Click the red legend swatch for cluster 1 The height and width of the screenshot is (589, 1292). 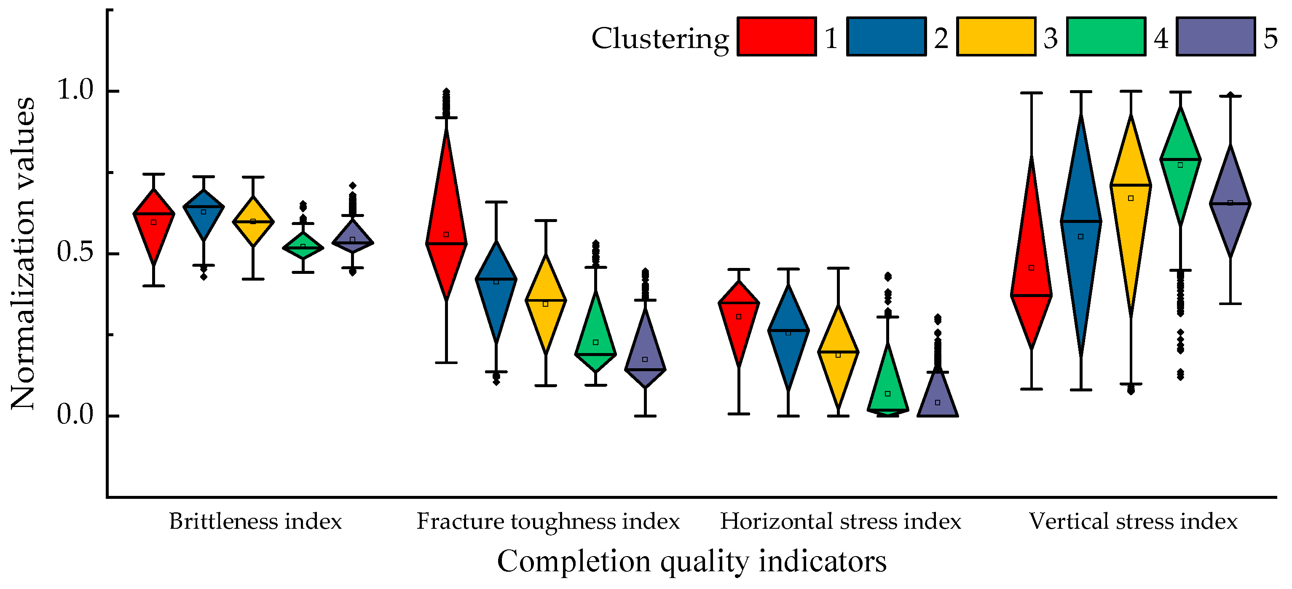click(x=776, y=36)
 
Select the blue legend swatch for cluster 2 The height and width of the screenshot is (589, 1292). click(x=886, y=36)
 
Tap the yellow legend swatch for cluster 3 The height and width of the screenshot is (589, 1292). click(x=996, y=36)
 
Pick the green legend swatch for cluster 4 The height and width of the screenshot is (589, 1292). click(x=1105, y=36)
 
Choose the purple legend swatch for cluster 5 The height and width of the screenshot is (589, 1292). click(x=1215, y=36)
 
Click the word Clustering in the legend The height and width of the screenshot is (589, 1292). click(x=659, y=39)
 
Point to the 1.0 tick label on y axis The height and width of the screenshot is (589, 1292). click(x=76, y=91)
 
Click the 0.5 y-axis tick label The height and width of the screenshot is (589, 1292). click(x=76, y=253)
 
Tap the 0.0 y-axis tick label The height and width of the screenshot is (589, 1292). click(x=76, y=415)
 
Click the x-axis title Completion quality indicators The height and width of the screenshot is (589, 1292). click(x=692, y=562)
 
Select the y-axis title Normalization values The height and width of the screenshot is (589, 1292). click(x=23, y=253)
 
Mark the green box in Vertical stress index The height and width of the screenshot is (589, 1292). click(x=1180, y=166)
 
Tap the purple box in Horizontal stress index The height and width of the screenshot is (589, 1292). click(x=938, y=396)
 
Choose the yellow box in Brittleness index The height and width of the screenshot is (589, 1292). click(x=253, y=222)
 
